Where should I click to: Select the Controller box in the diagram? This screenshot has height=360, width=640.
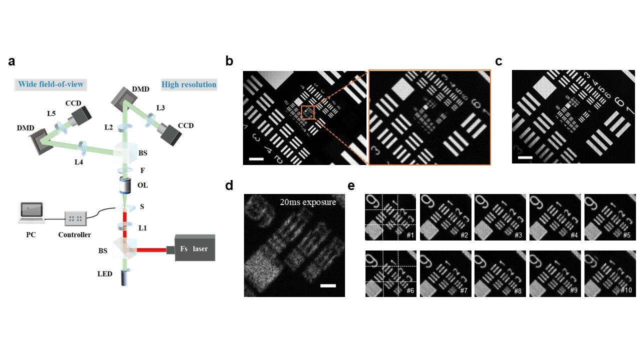point(75,218)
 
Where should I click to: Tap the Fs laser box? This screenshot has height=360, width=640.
point(195,247)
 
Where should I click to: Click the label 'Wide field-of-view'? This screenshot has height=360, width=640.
point(51,84)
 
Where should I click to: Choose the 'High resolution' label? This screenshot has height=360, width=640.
point(189,84)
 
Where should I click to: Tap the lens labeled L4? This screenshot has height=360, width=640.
point(83,147)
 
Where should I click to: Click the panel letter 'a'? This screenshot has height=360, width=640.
point(11,62)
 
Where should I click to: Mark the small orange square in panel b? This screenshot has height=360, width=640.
point(307,112)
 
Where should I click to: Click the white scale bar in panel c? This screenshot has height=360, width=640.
point(525,157)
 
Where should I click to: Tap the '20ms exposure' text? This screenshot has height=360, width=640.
point(308,202)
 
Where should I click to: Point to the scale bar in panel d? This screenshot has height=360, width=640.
point(327,285)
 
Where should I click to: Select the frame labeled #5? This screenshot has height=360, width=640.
point(607,217)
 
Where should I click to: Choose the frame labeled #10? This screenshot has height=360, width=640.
point(607,274)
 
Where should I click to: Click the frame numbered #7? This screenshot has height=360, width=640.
point(443,274)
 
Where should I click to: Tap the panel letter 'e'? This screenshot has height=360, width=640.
point(351,186)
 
